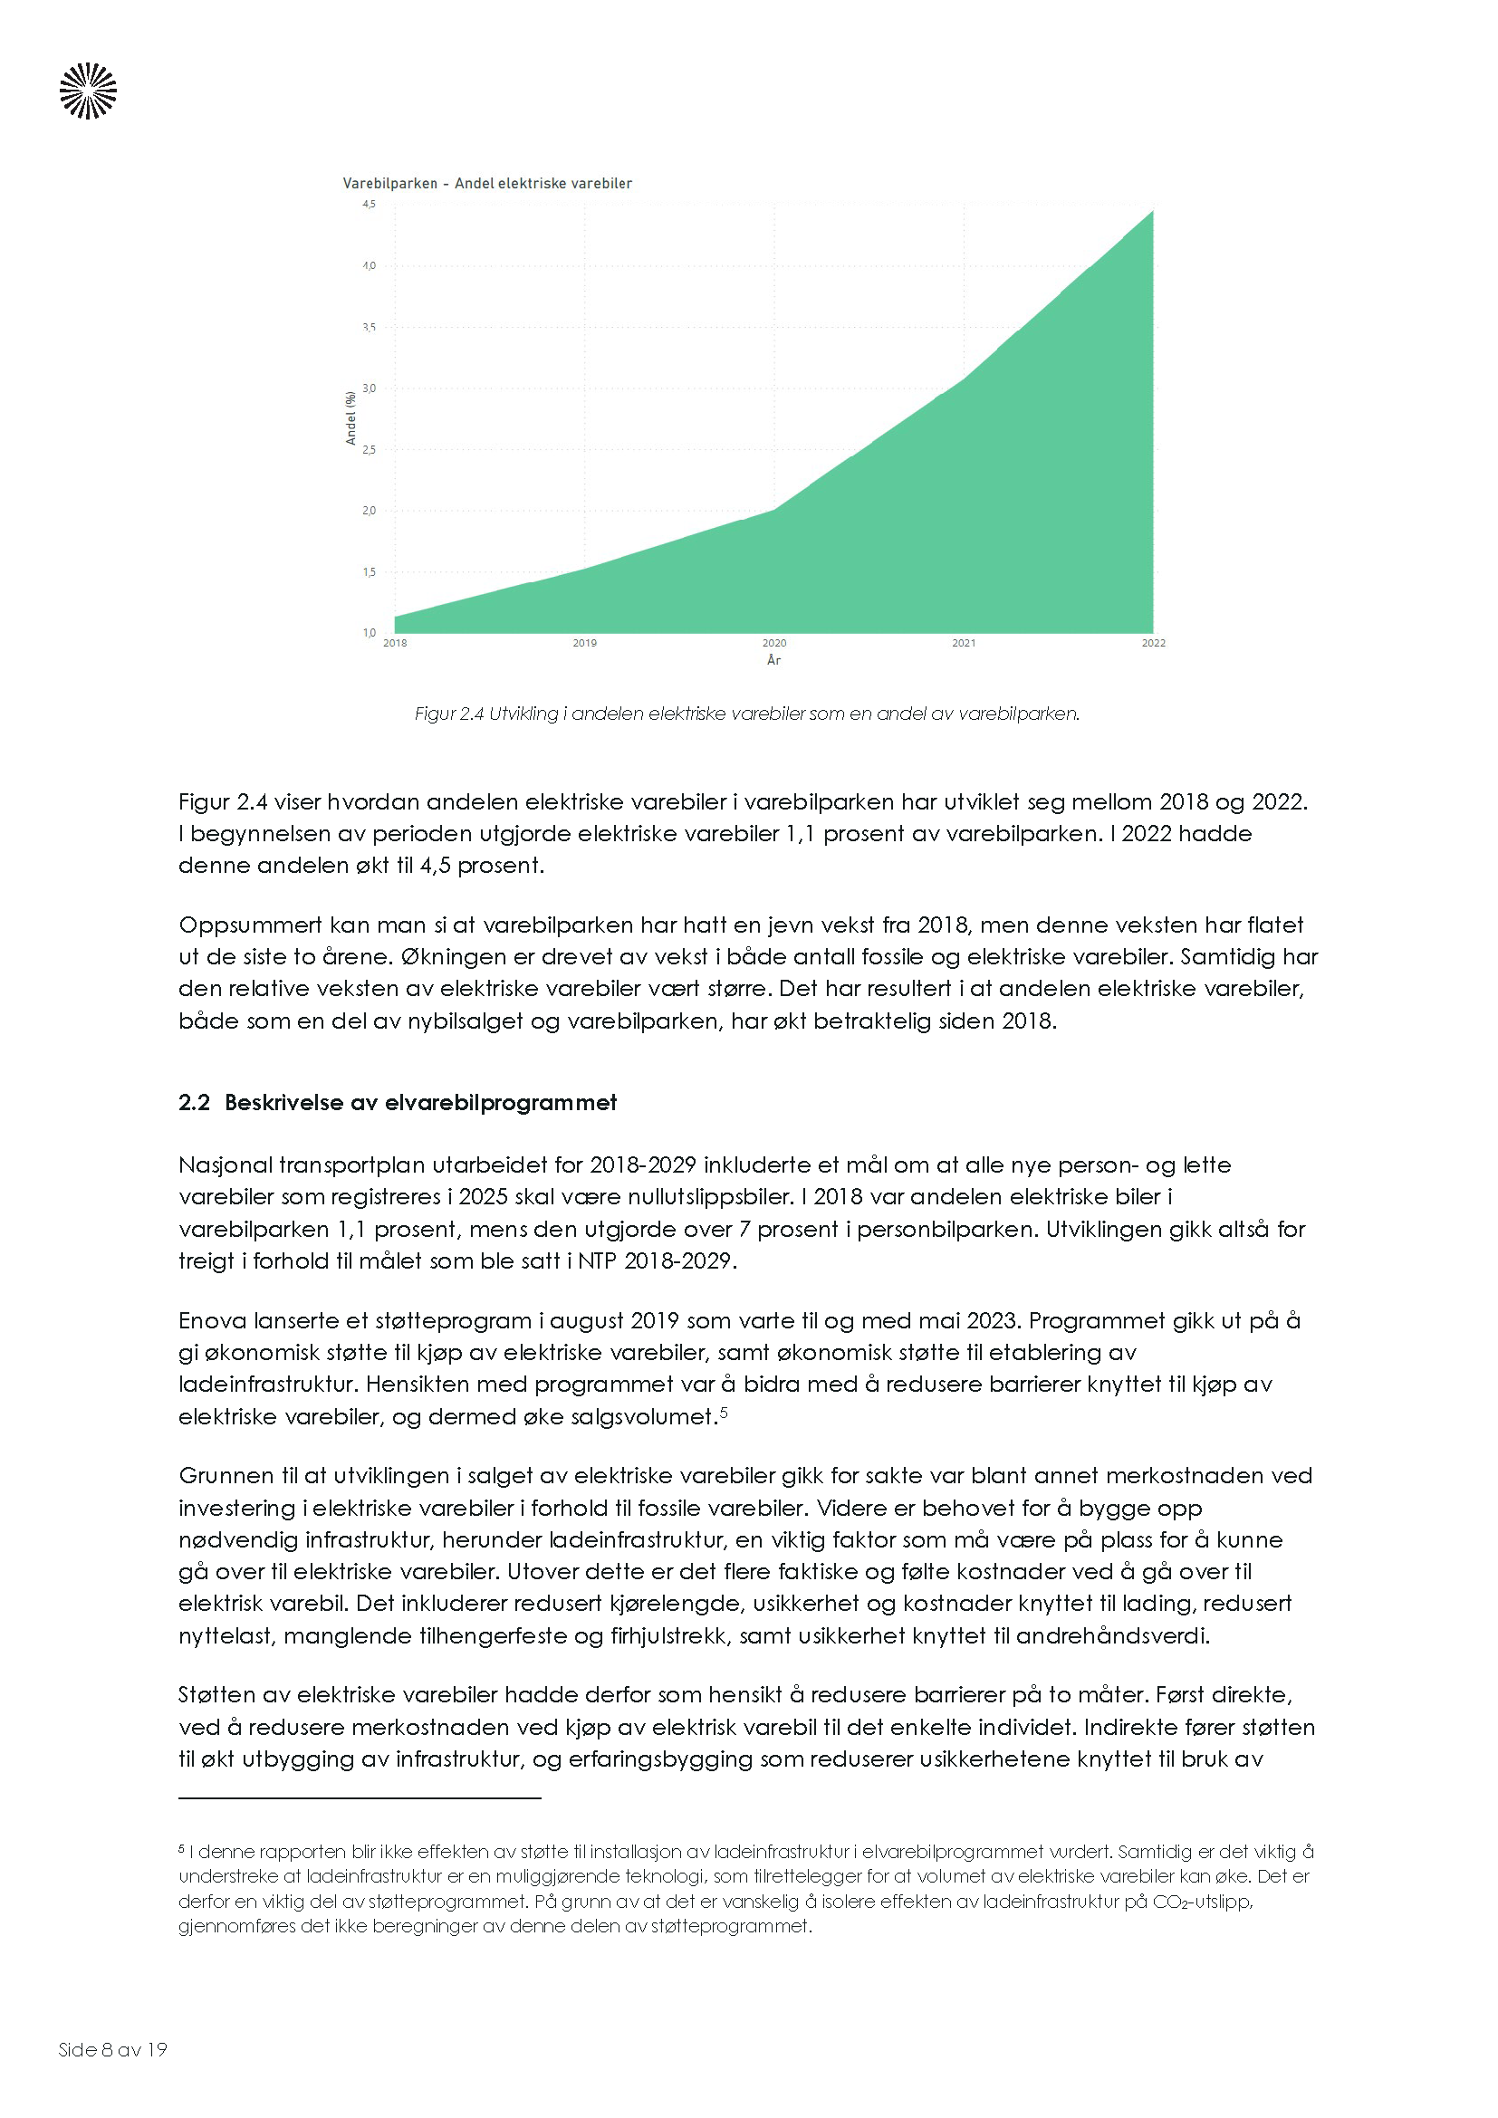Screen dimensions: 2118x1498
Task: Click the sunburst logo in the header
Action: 89,91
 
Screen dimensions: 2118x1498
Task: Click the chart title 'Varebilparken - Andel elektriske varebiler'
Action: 487,184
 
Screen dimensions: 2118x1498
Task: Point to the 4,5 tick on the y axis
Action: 369,204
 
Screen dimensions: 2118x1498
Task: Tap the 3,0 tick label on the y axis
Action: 369,388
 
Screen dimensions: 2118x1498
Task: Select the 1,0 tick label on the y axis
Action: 369,633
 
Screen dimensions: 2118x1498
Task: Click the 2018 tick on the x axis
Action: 395,643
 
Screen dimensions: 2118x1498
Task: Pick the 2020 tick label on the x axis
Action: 773,643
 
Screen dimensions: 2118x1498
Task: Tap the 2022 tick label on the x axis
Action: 1153,643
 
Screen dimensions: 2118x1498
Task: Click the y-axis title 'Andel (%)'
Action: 350,417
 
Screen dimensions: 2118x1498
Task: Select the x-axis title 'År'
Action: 773,660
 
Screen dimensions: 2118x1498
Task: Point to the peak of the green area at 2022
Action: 1151,213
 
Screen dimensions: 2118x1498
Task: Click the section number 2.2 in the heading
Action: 194,1103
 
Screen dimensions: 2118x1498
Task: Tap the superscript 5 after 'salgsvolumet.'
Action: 725,1411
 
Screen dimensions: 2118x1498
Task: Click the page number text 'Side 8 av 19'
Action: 112,2050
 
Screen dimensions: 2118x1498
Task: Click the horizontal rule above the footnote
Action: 360,1798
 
